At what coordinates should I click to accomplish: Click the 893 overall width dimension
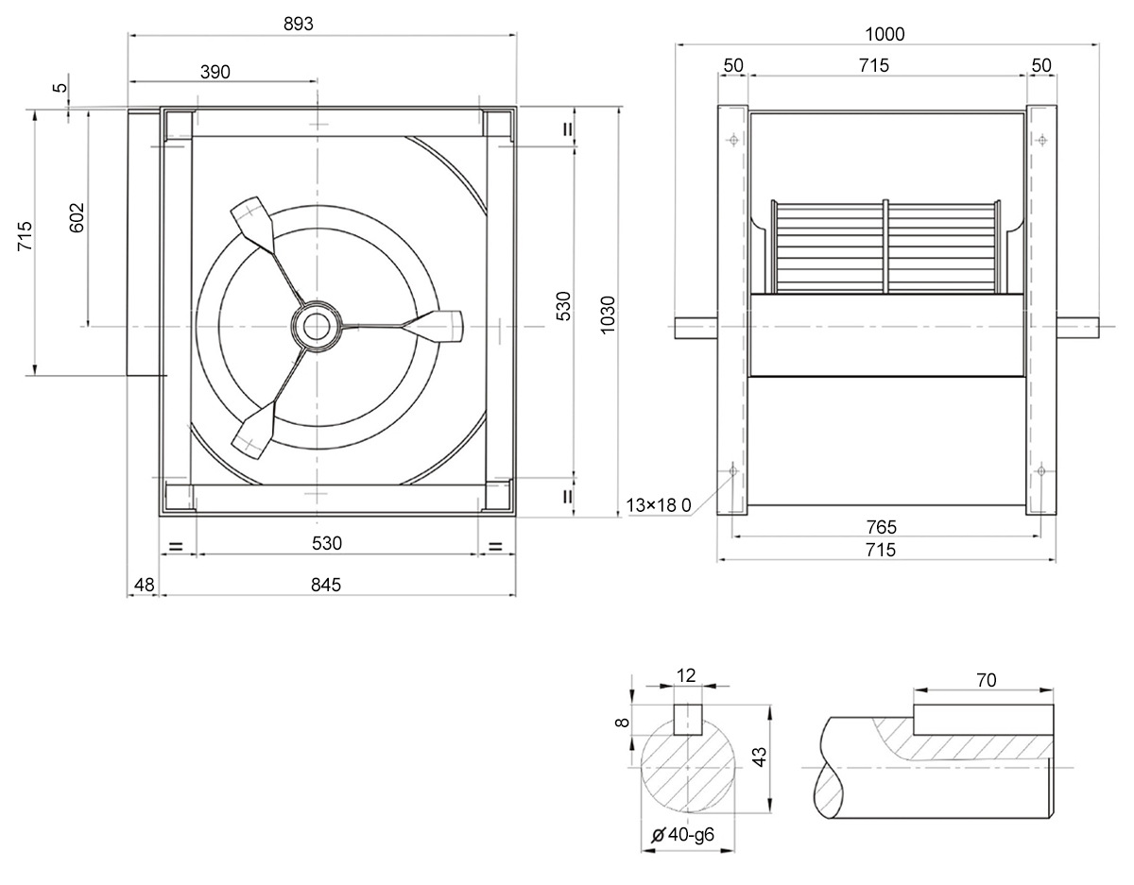(x=299, y=24)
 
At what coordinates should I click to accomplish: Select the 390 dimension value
(x=215, y=72)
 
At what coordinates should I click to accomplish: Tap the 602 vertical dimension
(x=77, y=217)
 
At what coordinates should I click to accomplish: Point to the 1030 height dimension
(x=608, y=315)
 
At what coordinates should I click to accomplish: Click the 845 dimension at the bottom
(x=326, y=585)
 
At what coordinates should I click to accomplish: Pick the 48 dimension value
(x=145, y=585)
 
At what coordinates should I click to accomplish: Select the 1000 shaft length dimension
(x=885, y=34)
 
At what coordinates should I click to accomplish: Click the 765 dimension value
(x=882, y=527)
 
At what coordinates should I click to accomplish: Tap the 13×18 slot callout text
(x=659, y=505)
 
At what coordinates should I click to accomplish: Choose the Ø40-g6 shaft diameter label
(x=683, y=835)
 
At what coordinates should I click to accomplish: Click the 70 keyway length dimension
(x=986, y=680)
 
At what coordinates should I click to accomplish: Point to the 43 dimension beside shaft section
(x=760, y=757)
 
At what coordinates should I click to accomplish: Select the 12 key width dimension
(x=686, y=676)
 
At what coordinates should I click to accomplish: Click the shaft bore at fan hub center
(x=317, y=327)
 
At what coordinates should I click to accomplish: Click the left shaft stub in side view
(x=696, y=328)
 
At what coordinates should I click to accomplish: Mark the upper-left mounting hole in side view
(x=733, y=140)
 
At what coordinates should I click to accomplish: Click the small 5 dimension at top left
(x=61, y=87)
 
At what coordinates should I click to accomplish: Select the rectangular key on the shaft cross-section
(x=688, y=720)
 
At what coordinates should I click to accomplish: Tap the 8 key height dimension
(x=624, y=723)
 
